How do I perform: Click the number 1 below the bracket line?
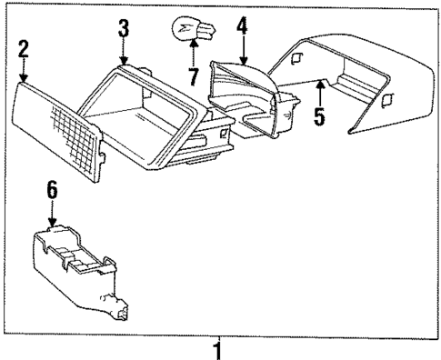pos(216,347)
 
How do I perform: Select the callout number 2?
pos(23,49)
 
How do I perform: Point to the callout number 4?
pos(241,25)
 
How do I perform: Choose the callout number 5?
pos(317,115)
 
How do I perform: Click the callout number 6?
pos(52,190)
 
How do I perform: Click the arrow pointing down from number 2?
pos(24,71)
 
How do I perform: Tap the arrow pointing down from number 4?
pos(242,49)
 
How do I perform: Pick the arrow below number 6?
pos(53,214)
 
